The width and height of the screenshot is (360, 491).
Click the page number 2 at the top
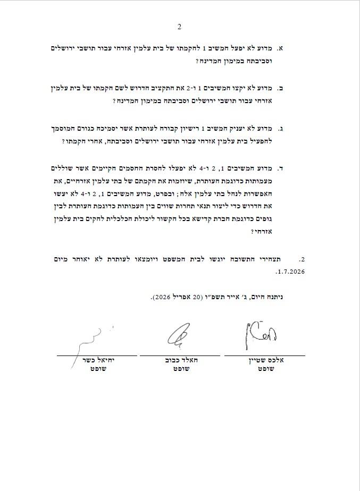coord(179,27)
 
